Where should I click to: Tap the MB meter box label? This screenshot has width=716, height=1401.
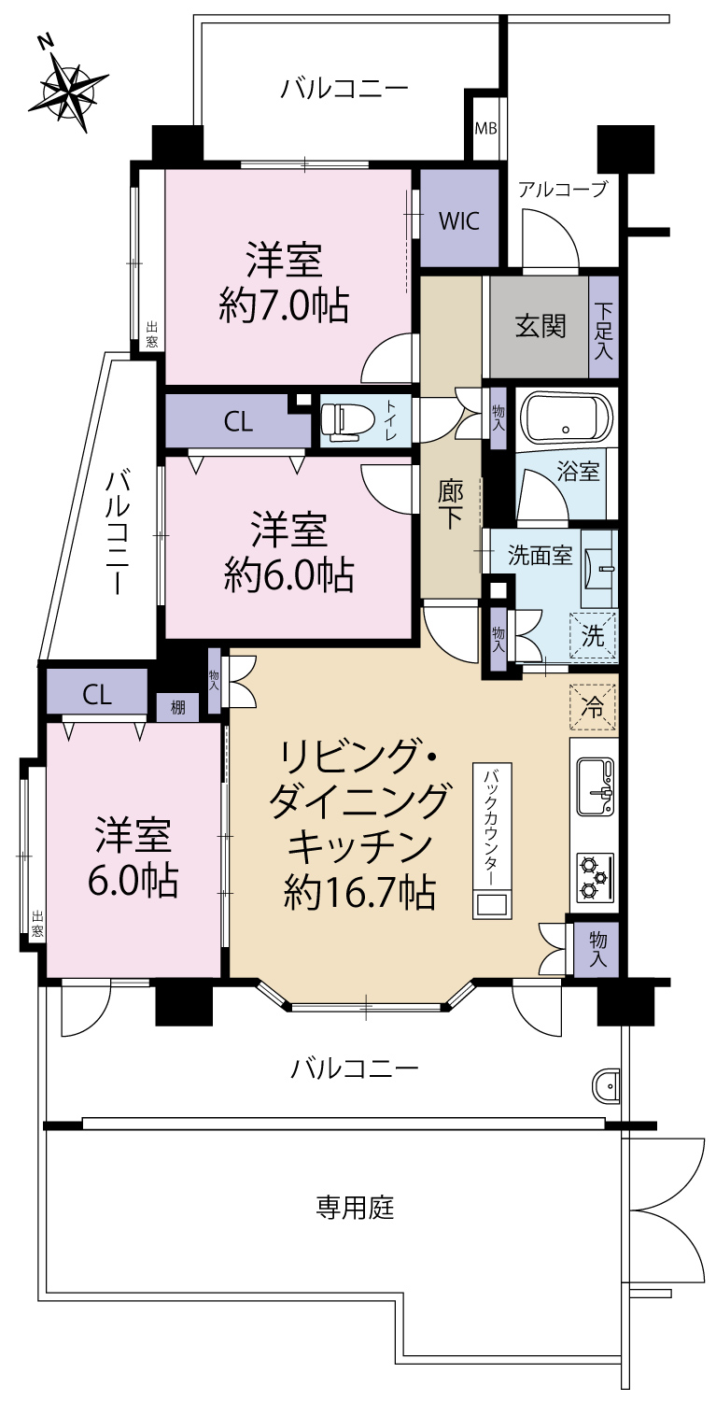coord(485,128)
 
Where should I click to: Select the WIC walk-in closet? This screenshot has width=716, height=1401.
coord(459,218)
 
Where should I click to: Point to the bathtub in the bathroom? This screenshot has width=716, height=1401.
coord(566,417)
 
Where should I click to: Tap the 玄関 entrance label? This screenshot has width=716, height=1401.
coord(541,326)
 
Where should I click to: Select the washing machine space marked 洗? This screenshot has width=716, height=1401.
coord(592,636)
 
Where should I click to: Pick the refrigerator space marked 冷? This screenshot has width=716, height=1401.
coord(593,707)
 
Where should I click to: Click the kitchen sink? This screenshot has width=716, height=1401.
coord(596,786)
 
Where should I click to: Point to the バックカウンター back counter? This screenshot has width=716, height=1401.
coord(492,840)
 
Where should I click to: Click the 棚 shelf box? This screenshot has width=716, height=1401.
coord(177,708)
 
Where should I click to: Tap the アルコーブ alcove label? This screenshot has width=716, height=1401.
coord(563,189)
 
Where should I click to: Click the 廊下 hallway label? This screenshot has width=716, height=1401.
coord(450,504)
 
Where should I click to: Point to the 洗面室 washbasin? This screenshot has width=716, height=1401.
coord(599,569)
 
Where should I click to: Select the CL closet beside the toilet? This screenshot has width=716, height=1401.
coord(238,421)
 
